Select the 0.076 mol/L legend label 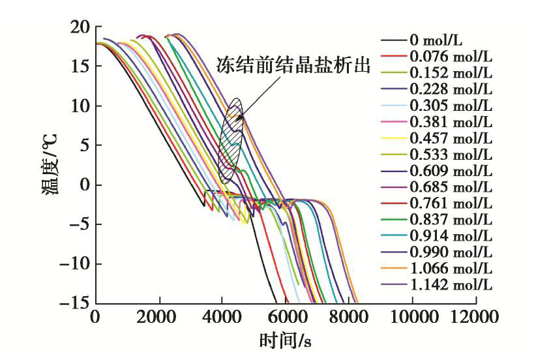(451, 55)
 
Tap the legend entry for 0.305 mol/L (451, 104)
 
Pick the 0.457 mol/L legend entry (451, 137)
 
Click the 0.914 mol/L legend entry (451, 235)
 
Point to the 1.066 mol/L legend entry (451, 268)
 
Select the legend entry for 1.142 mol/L (451, 284)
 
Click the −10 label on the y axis (76, 264)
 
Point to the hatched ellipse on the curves (230, 140)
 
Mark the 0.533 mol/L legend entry (451, 153)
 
